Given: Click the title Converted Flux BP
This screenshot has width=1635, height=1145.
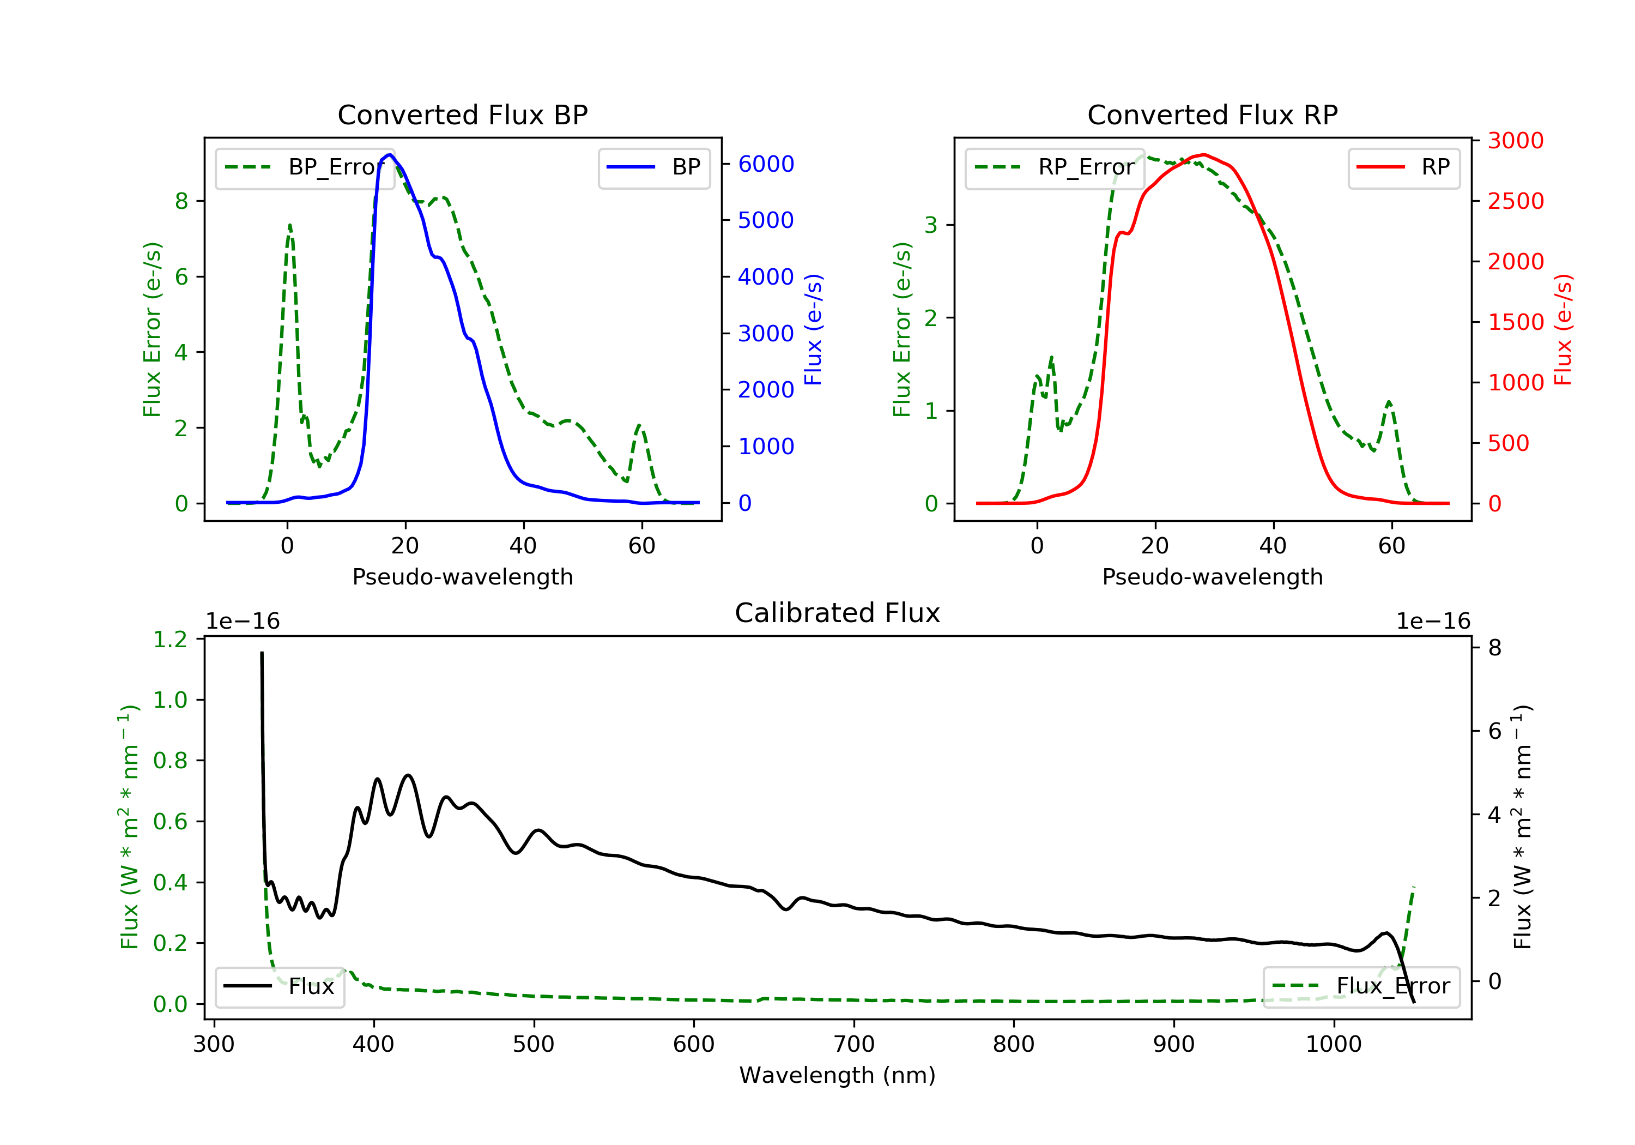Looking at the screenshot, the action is [462, 114].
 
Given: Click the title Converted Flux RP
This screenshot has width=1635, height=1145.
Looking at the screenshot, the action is [1212, 114].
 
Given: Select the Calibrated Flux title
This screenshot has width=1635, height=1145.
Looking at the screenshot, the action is [838, 613].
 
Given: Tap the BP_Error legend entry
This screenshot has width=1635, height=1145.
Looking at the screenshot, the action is [305, 167].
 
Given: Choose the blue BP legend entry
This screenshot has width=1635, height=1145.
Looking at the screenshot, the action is [653, 167].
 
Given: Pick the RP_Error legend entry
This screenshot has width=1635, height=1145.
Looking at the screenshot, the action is [1054, 167].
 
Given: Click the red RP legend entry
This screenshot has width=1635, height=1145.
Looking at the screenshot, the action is [1403, 167].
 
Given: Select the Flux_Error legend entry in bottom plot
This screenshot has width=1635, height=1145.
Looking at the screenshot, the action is [1361, 986].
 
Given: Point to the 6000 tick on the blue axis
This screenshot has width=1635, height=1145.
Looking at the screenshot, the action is [766, 164].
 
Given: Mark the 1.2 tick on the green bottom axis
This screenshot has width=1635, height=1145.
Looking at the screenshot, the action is [170, 640].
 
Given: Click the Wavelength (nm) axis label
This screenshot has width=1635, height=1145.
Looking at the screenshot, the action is [838, 1075].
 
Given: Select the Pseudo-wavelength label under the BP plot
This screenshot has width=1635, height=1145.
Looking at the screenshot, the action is [463, 576].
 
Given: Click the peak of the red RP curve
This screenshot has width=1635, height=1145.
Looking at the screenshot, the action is [1203, 155].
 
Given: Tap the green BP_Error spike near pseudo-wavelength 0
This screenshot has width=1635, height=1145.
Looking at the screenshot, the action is [290, 225].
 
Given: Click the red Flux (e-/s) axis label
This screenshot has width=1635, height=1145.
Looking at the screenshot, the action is [1563, 330].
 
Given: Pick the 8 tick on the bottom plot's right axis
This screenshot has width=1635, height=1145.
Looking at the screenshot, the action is [1495, 648].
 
